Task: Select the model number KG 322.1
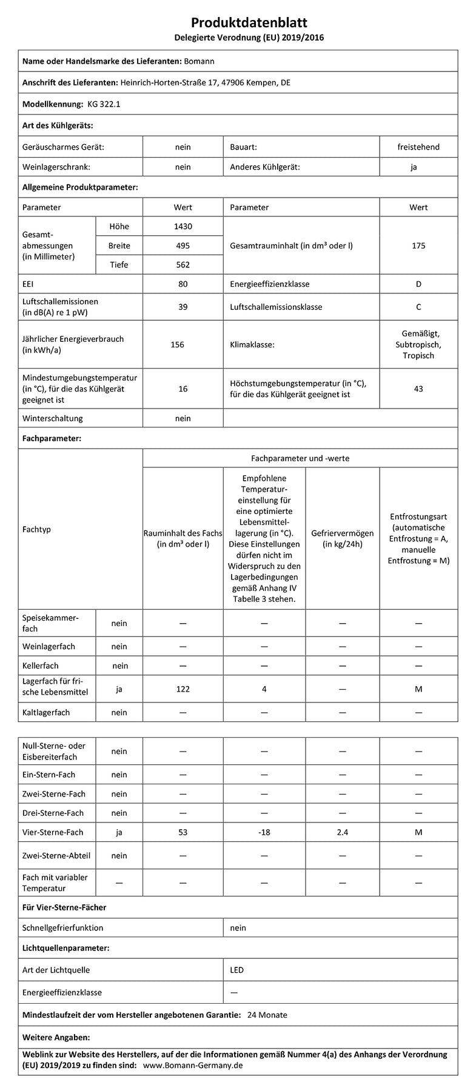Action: click(x=104, y=104)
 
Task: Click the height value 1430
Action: click(x=183, y=227)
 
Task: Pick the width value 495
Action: click(x=183, y=245)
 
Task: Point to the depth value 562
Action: click(x=183, y=264)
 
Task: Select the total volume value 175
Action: click(x=418, y=245)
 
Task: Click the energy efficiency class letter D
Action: click(x=418, y=284)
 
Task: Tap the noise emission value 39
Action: click(x=183, y=307)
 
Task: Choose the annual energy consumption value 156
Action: click(x=177, y=344)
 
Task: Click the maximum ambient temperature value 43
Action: click(x=418, y=389)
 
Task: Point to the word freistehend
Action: click(x=418, y=147)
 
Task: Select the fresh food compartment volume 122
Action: click(x=183, y=689)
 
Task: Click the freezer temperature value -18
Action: click(x=264, y=832)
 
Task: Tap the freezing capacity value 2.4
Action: click(x=342, y=832)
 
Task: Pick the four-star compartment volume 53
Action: click(x=183, y=832)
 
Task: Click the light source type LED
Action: click(x=236, y=970)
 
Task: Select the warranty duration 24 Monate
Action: click(x=267, y=1015)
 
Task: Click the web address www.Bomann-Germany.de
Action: click(x=193, y=1066)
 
